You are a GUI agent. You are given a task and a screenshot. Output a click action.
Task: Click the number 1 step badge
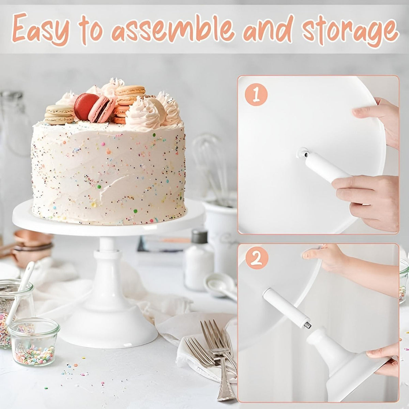(x=256, y=95)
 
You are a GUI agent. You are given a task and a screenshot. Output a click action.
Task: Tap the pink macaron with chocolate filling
(x=102, y=109)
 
